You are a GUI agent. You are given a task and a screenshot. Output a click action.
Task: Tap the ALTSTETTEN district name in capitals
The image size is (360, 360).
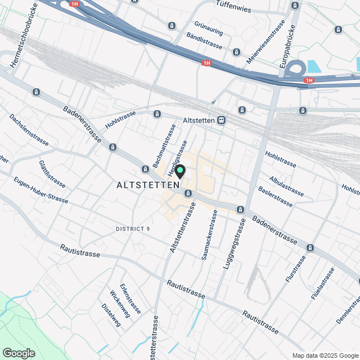click(x=148, y=185)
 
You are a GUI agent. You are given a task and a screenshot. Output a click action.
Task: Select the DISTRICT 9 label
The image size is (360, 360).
click(x=133, y=229)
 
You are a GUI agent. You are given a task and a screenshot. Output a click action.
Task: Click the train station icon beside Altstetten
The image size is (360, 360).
click(x=223, y=120)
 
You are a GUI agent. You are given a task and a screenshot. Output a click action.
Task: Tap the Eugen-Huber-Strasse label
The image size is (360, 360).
click(x=41, y=191)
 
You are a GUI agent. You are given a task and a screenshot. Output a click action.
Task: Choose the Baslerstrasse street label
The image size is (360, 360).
click(x=275, y=196)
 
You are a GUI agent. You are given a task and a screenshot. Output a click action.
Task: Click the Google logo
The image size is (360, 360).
click(x=18, y=353)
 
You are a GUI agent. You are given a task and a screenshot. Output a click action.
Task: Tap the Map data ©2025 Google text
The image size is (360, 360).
click(x=325, y=355)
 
